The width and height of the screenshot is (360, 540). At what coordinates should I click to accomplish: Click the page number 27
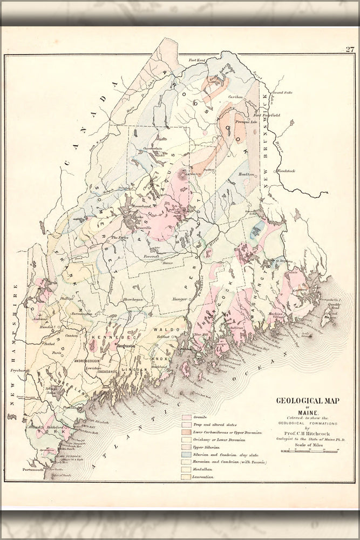(x=350, y=50)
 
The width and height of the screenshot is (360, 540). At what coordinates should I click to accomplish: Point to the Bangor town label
(x=180, y=299)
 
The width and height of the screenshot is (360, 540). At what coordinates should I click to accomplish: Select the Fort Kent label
(x=198, y=59)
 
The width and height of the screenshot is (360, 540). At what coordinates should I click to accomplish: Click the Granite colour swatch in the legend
(x=187, y=417)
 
